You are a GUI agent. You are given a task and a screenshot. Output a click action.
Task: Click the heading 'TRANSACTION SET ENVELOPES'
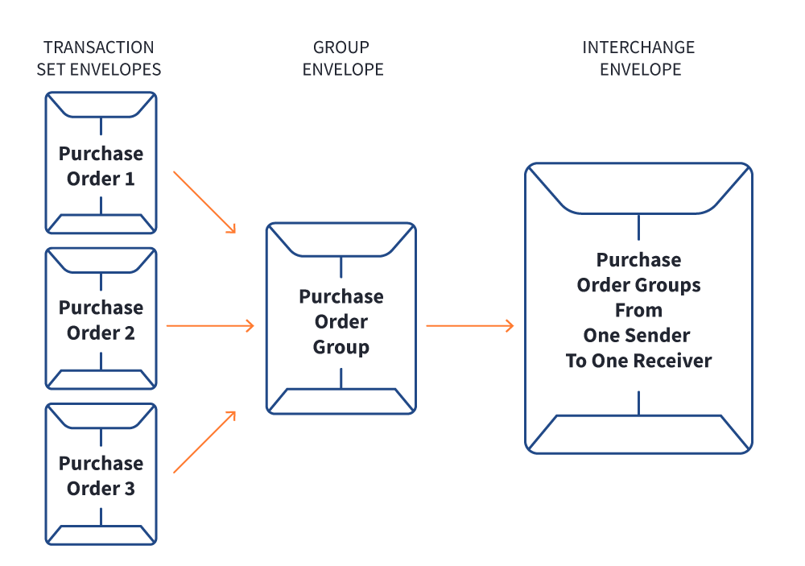point(100,58)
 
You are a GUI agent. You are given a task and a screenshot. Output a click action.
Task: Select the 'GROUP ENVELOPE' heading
point(342,58)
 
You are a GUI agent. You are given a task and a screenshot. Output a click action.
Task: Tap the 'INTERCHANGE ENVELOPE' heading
point(639,58)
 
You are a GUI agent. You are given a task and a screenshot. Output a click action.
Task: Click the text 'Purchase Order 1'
point(101,166)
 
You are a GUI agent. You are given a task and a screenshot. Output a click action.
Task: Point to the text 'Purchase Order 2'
point(101,320)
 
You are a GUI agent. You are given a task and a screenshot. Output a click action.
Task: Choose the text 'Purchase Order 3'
point(101,475)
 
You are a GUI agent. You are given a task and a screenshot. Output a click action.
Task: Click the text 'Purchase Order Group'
point(341,321)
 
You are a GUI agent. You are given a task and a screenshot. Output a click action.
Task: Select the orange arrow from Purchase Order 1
point(204,201)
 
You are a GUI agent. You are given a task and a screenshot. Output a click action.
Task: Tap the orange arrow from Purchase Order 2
point(209,325)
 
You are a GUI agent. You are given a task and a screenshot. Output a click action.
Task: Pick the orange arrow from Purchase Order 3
point(204,441)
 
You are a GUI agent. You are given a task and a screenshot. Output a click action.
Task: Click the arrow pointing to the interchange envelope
point(469,325)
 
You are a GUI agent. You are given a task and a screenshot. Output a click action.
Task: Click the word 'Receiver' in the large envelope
point(675,361)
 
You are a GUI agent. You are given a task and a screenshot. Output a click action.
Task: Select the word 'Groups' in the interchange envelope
point(671,285)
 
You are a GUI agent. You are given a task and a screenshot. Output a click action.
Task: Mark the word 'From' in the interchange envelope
point(638,310)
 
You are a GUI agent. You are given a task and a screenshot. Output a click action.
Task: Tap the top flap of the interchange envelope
point(638,189)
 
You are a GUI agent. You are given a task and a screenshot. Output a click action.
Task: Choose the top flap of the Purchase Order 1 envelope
point(101,105)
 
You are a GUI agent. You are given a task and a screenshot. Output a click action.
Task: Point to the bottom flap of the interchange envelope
point(638,433)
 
